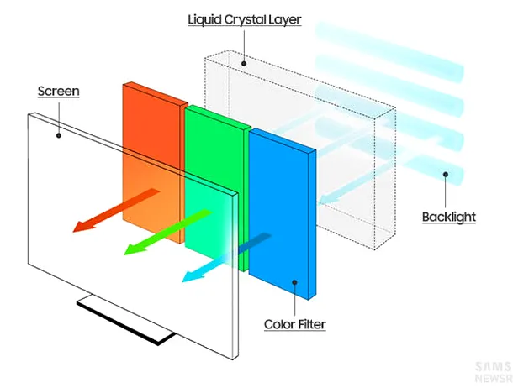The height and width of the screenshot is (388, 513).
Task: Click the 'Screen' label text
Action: [x=59, y=90]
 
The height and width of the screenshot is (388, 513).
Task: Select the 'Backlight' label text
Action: [x=448, y=217]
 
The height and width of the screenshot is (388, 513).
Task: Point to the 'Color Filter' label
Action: [x=294, y=324]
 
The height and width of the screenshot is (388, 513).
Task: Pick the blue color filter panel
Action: [x=283, y=210]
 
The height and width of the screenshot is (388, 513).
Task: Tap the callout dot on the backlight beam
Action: [x=447, y=176]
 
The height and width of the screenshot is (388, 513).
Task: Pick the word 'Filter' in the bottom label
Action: [x=310, y=324]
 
